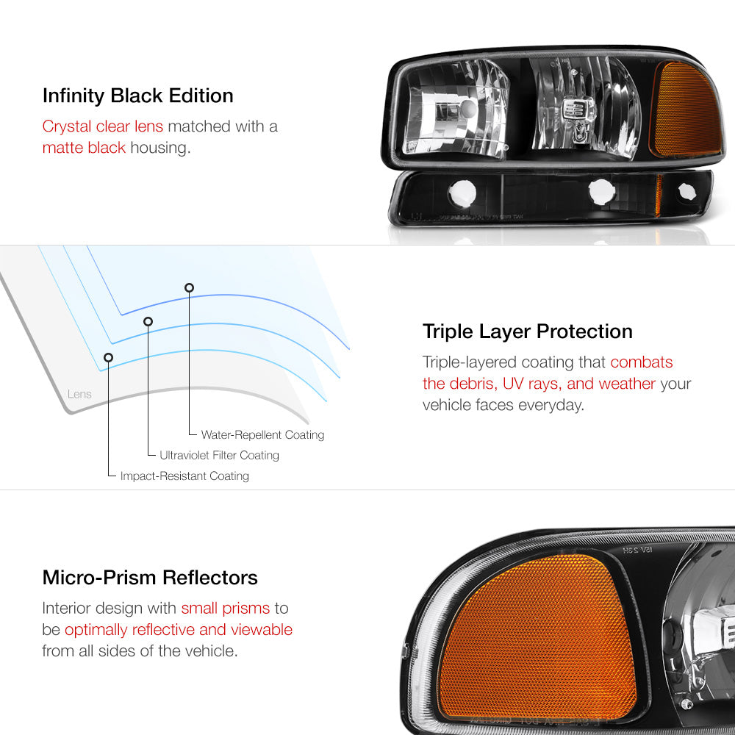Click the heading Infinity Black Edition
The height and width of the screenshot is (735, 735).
pyautogui.click(x=138, y=96)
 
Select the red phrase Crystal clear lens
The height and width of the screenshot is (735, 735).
pyautogui.click(x=103, y=126)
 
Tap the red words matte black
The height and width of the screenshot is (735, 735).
pyautogui.click(x=84, y=148)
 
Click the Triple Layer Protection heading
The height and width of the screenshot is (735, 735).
pyautogui.click(x=527, y=332)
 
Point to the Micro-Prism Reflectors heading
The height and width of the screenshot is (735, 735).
pyautogui.click(x=150, y=578)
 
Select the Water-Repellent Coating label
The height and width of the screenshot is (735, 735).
pyautogui.click(x=262, y=435)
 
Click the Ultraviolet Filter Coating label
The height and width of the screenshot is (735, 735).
pyautogui.click(x=219, y=455)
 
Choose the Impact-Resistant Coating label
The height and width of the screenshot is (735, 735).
pyautogui.click(x=184, y=476)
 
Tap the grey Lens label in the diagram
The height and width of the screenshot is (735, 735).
pyautogui.click(x=79, y=394)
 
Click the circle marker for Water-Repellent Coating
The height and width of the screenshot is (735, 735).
pyautogui.click(x=189, y=288)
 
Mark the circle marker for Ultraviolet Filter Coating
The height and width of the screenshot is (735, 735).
pyautogui.click(x=148, y=322)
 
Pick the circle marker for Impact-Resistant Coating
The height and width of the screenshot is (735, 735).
pyautogui.click(x=108, y=358)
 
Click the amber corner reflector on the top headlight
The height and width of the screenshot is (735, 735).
pyautogui.click(x=686, y=110)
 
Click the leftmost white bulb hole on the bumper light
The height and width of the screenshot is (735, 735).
pyautogui.click(x=462, y=193)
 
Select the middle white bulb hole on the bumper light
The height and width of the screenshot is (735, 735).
pyautogui.click(x=602, y=192)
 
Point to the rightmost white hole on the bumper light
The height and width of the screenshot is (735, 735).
pyautogui.click(x=687, y=191)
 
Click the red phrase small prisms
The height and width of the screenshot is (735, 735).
pyautogui.click(x=226, y=609)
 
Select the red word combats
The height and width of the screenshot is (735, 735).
pyautogui.click(x=641, y=362)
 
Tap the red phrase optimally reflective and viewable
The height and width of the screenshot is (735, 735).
pyautogui.click(x=179, y=630)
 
